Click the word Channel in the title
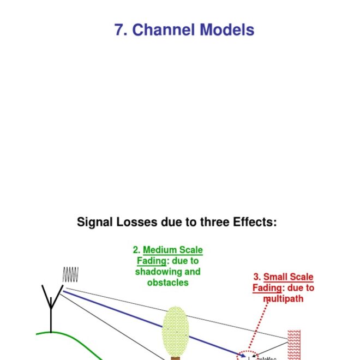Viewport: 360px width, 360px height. coord(164,29)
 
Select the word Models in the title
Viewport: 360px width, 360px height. coord(227,29)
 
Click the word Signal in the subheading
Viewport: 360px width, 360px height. coord(94,223)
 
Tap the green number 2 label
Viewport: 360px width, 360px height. coord(136,250)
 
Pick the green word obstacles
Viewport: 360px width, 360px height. coord(167,283)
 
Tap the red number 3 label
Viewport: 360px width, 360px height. coord(257,277)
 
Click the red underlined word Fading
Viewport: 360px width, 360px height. coord(267,288)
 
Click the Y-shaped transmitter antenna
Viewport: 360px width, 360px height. coord(51,305)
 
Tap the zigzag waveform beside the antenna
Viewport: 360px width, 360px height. coord(71,274)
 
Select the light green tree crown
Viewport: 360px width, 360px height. coord(176,331)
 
